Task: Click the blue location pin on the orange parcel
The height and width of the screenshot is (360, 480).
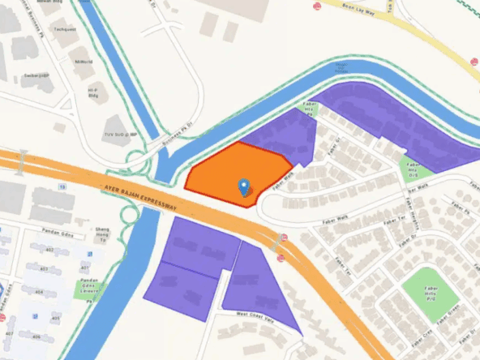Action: click(x=244, y=188)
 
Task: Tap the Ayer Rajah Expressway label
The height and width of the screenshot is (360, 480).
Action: click(x=140, y=198)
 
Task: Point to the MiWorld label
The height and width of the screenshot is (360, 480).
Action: click(x=83, y=61)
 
